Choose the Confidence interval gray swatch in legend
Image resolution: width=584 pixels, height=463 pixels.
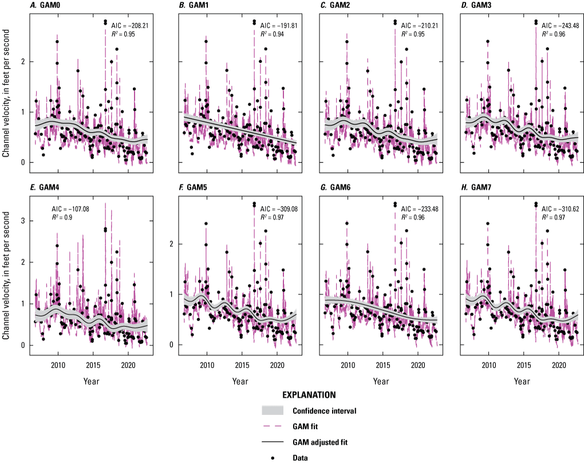[x=273, y=411]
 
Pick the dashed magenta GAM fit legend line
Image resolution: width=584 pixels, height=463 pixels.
[x=273, y=426]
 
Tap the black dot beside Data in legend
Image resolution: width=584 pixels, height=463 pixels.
[x=273, y=457]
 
